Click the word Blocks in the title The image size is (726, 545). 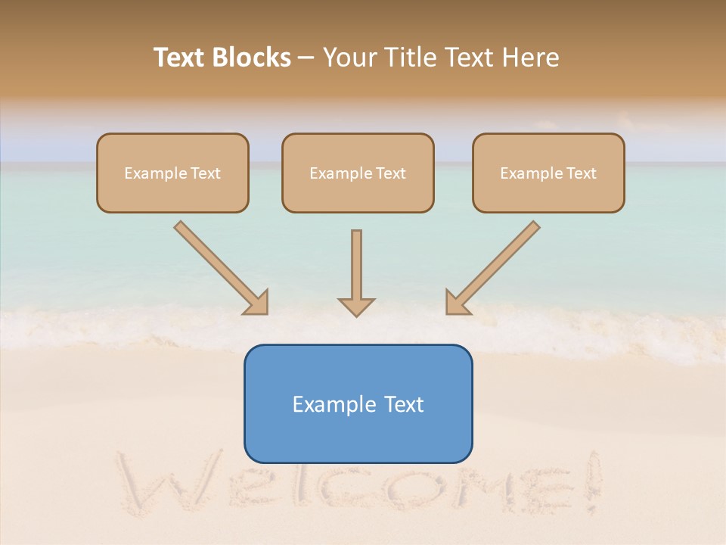tap(251, 58)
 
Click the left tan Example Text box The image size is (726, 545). tap(172, 173)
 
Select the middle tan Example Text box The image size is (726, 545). tap(358, 173)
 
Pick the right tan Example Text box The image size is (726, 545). tap(548, 173)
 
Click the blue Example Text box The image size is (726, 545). tap(358, 403)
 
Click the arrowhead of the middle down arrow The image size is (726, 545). tap(356, 307)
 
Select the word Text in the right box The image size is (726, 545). tap(581, 173)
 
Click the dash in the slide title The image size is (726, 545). tap(306, 58)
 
